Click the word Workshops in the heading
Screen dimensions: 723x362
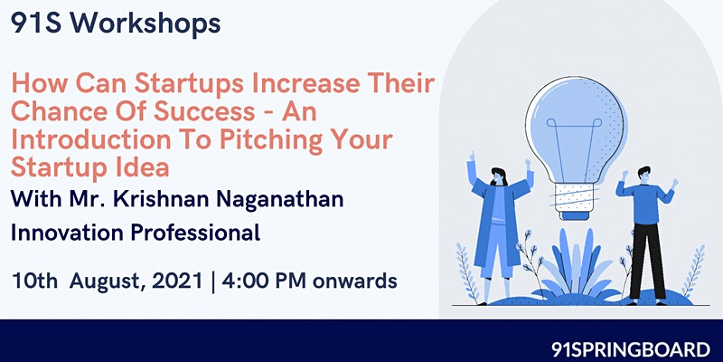(145, 24)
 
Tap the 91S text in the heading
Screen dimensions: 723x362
(36, 24)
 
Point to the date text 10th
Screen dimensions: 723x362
(34, 281)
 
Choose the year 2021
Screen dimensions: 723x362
(177, 281)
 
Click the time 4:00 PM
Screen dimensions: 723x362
(264, 281)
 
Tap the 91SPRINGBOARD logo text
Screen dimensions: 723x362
(631, 348)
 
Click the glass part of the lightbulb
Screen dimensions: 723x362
(576, 130)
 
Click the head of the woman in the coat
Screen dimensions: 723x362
(498, 176)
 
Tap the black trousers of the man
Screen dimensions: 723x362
(647, 261)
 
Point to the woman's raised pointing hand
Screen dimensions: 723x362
(471, 157)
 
